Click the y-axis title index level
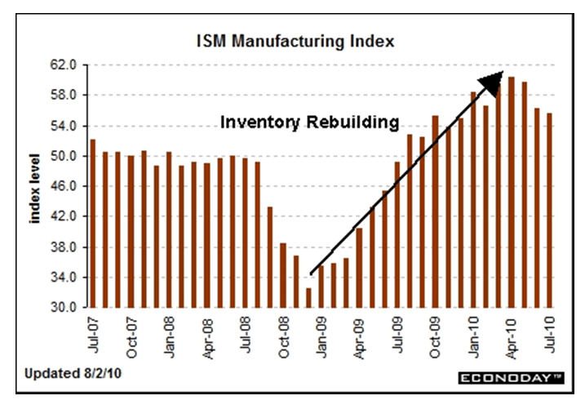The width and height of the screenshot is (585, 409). (x=37, y=186)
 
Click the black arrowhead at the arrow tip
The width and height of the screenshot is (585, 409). (x=492, y=81)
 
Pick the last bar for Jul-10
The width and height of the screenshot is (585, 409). (x=549, y=210)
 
